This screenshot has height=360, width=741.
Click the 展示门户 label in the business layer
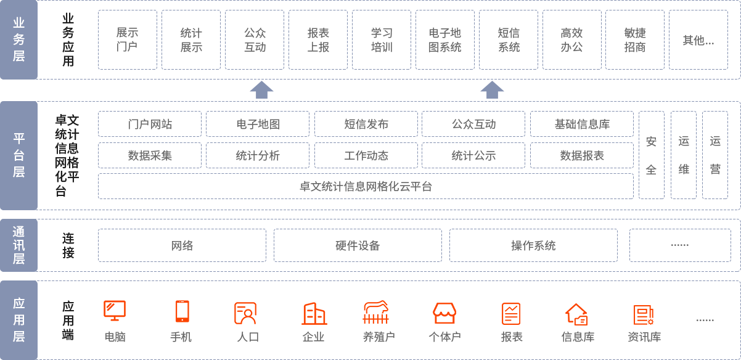coord(128,39)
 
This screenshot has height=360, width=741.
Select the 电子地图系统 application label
coord(445,39)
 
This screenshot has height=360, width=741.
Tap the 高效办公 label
coord(571,39)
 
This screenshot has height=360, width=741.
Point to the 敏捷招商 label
coord(635,39)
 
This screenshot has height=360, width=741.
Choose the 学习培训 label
coord(382,39)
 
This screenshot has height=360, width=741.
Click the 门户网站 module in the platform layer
coord(150,124)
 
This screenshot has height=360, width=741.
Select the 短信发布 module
coord(366,124)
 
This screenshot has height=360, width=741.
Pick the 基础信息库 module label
coord(582,124)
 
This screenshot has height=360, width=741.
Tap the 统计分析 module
coord(258,155)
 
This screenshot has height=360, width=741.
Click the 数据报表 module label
coord(582,155)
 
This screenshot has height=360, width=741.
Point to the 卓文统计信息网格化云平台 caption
coord(366,186)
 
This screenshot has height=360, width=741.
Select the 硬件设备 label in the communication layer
coord(358,245)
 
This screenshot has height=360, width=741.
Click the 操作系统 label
coord(534,245)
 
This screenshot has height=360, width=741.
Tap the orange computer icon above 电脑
coord(115,311)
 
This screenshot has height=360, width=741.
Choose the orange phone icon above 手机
coord(182,311)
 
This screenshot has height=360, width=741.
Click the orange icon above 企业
coord(314,313)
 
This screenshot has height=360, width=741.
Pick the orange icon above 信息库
coord(577,314)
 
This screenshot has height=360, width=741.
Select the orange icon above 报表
coord(511,314)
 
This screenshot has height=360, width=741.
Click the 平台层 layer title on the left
coord(19,155)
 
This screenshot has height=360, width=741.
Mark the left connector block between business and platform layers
coord(261,90)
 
